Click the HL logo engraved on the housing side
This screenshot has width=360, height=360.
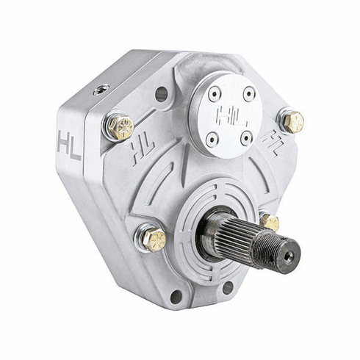pos(69,145)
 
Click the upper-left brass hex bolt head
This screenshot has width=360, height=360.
pos(120,127)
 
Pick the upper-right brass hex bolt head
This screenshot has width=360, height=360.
pos(293,121)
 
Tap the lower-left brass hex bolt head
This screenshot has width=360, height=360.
pos(154,240)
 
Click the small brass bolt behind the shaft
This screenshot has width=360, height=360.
pos(270,222)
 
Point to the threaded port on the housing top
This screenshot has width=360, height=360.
pos(101,90)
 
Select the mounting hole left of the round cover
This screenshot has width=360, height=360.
pos(162,94)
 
